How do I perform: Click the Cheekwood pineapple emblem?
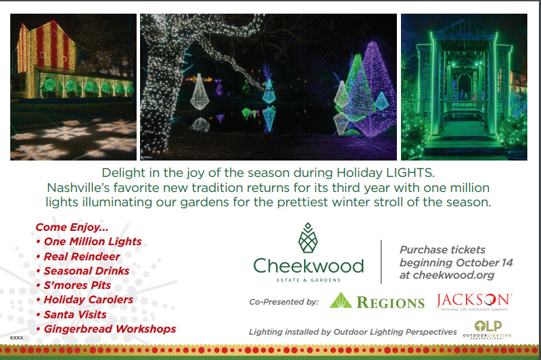[308, 238]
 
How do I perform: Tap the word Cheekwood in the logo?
[309, 266]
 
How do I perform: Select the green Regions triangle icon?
[341, 301]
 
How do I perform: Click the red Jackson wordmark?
[474, 301]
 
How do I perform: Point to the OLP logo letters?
[488, 326]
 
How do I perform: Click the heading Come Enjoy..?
[72, 227]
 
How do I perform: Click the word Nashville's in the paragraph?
[78, 187]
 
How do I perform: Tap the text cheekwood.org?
[454, 275]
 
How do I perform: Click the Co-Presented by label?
[284, 302]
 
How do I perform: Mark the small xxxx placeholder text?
[16, 337]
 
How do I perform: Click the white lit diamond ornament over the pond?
[199, 92]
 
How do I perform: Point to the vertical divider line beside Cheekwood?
[381, 262]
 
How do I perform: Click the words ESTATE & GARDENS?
[309, 280]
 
